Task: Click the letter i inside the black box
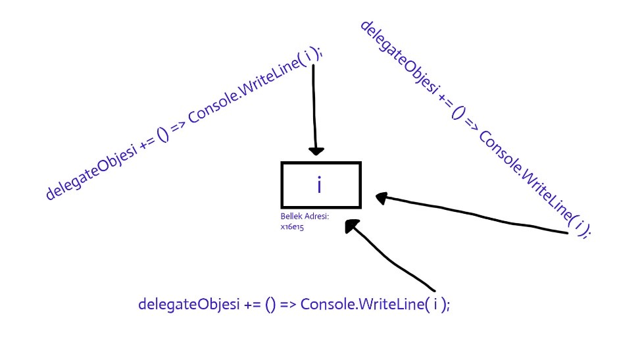point(320,186)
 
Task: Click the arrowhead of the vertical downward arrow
point(316,150)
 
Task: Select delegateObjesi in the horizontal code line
point(181,305)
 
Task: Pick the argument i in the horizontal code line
point(435,305)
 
